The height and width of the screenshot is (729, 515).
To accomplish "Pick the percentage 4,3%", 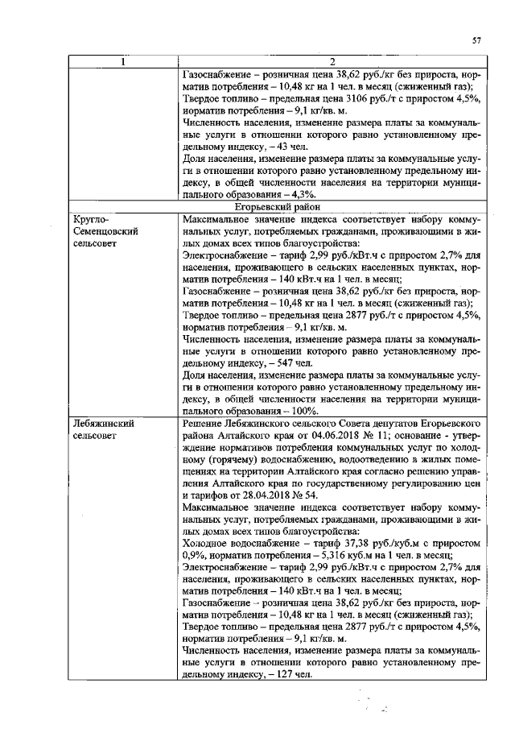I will (x=305, y=194).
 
